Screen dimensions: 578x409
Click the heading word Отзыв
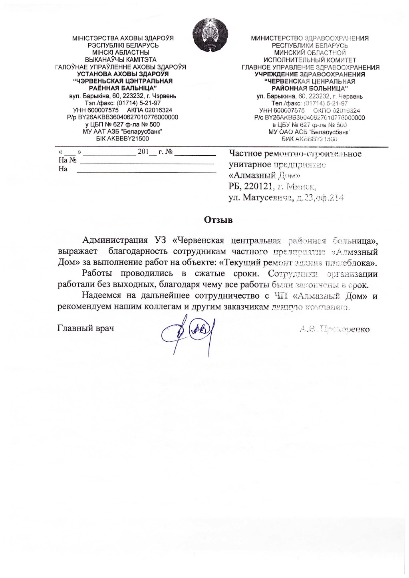tap(218, 220)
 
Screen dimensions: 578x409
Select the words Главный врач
tap(86, 328)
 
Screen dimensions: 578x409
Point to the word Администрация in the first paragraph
tap(115, 240)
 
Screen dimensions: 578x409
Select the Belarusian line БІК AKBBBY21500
tap(123, 139)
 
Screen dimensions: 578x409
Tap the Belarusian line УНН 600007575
tap(96, 110)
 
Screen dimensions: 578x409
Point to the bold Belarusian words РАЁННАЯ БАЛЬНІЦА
tap(123, 88)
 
